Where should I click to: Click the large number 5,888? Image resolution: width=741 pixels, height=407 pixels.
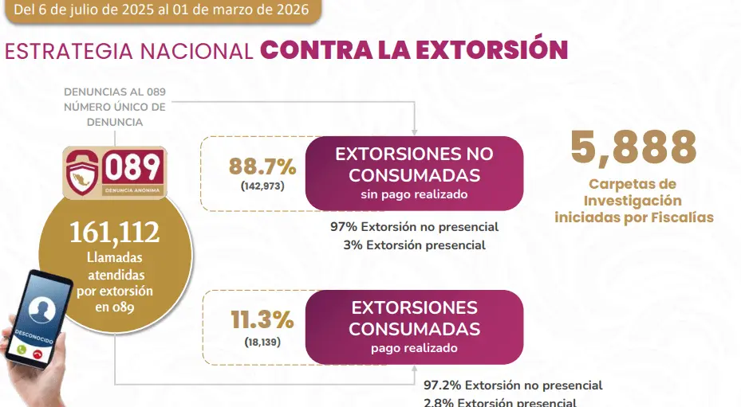point(633,147)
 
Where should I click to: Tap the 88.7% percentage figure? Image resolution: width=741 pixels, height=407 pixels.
point(262,166)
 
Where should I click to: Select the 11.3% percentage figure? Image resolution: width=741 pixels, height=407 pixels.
point(262,320)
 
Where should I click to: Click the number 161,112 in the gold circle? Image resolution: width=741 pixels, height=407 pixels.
point(114,232)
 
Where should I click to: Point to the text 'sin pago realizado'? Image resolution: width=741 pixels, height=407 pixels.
point(414,194)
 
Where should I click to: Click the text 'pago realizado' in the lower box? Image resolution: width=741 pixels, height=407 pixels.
point(414,348)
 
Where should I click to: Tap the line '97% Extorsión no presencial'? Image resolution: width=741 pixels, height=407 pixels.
point(414,226)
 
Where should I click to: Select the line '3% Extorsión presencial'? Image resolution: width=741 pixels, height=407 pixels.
point(414,245)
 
